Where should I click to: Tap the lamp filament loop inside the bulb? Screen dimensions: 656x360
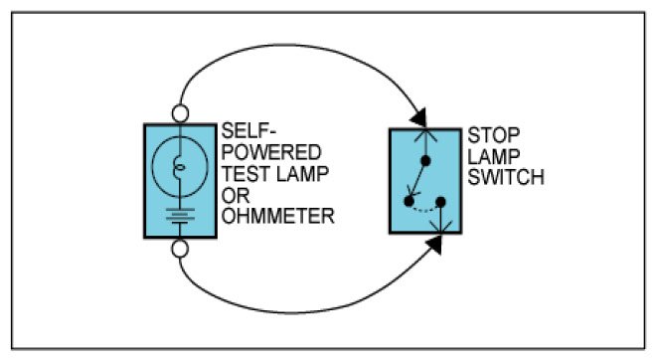click(179, 168)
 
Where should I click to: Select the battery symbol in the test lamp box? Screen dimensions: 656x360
click(180, 216)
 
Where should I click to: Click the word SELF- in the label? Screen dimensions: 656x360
click(248, 131)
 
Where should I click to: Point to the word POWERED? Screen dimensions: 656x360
click(271, 152)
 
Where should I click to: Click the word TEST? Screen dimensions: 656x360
click(246, 174)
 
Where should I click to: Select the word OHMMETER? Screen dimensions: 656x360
click(277, 216)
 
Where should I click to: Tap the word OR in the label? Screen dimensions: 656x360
click(236, 195)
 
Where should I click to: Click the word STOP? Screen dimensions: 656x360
click(494, 135)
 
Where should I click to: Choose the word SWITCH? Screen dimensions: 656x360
click(506, 177)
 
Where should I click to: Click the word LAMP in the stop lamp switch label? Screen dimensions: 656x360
click(494, 156)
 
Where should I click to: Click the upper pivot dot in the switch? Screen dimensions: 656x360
click(425, 161)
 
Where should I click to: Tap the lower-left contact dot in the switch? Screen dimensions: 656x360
click(410, 201)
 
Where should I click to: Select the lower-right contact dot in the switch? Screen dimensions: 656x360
click(440, 202)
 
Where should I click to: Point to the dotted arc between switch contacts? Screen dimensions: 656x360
click(424, 210)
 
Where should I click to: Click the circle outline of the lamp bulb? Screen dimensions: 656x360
click(152, 167)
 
